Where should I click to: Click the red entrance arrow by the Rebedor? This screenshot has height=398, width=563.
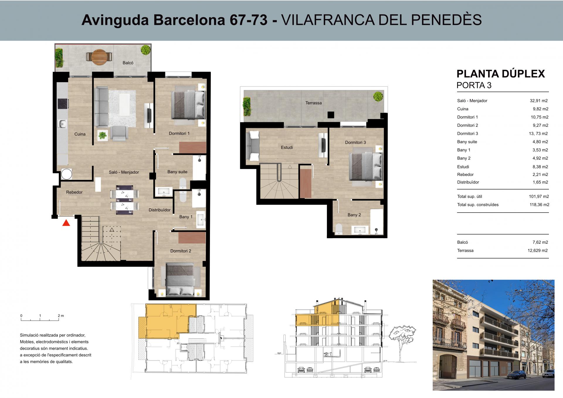click(67, 223)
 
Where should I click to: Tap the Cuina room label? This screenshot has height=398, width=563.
click(80, 134)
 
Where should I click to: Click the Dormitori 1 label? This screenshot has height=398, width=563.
click(179, 133)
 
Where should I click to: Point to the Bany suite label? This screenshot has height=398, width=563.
click(177, 172)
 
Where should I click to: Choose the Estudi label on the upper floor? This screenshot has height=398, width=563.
click(287, 148)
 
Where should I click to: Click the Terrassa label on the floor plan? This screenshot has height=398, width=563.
click(313, 103)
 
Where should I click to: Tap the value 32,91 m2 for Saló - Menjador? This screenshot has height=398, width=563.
click(539, 101)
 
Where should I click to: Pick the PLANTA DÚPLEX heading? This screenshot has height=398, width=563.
click(501, 74)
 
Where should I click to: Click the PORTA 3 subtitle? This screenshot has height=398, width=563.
click(474, 85)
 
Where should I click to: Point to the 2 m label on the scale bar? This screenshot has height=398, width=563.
click(61, 316)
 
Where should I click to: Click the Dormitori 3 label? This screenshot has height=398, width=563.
click(355, 143)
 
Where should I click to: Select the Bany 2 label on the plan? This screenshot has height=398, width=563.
click(354, 215)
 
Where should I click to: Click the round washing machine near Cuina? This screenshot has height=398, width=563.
click(67, 175)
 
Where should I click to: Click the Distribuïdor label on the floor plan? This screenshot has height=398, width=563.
click(160, 210)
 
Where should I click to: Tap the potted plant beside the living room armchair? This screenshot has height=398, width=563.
click(103, 135)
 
